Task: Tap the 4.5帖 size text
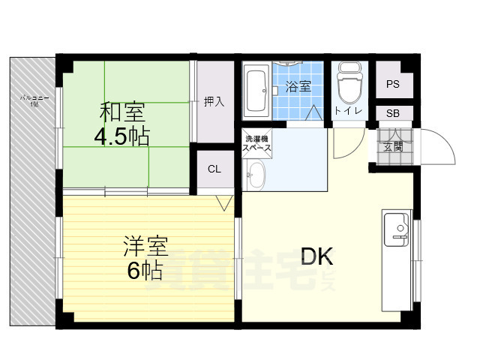click(121, 136)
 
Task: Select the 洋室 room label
click(145, 247)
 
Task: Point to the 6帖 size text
click(145, 270)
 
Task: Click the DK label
click(317, 257)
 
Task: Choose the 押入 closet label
click(214, 102)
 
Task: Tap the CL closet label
click(214, 169)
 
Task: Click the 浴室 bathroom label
click(298, 88)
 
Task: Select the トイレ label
click(348, 112)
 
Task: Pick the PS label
click(393, 84)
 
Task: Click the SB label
click(393, 113)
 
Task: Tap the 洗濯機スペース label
click(256, 144)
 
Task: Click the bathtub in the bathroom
click(257, 90)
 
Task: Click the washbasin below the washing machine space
click(256, 177)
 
